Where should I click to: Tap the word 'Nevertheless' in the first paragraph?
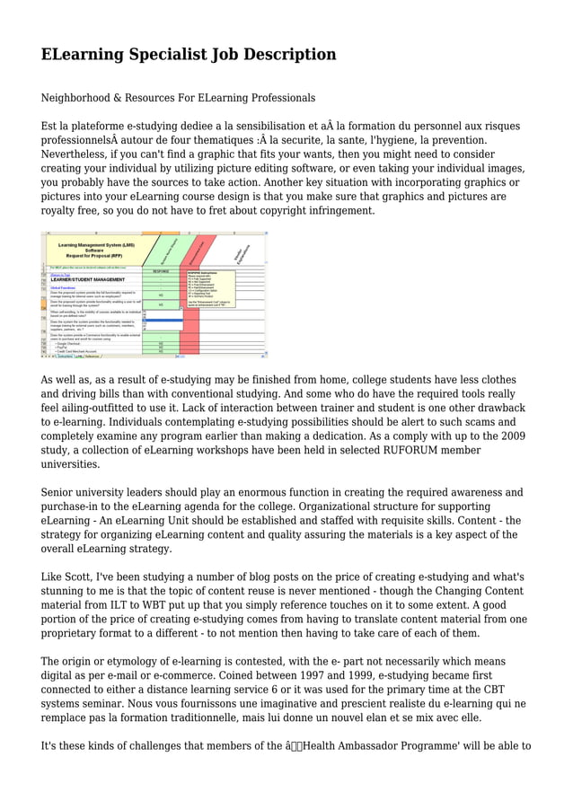[x=79, y=154]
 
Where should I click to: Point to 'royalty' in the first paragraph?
[x=61, y=210]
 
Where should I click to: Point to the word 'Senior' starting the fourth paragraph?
[x=61, y=492]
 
